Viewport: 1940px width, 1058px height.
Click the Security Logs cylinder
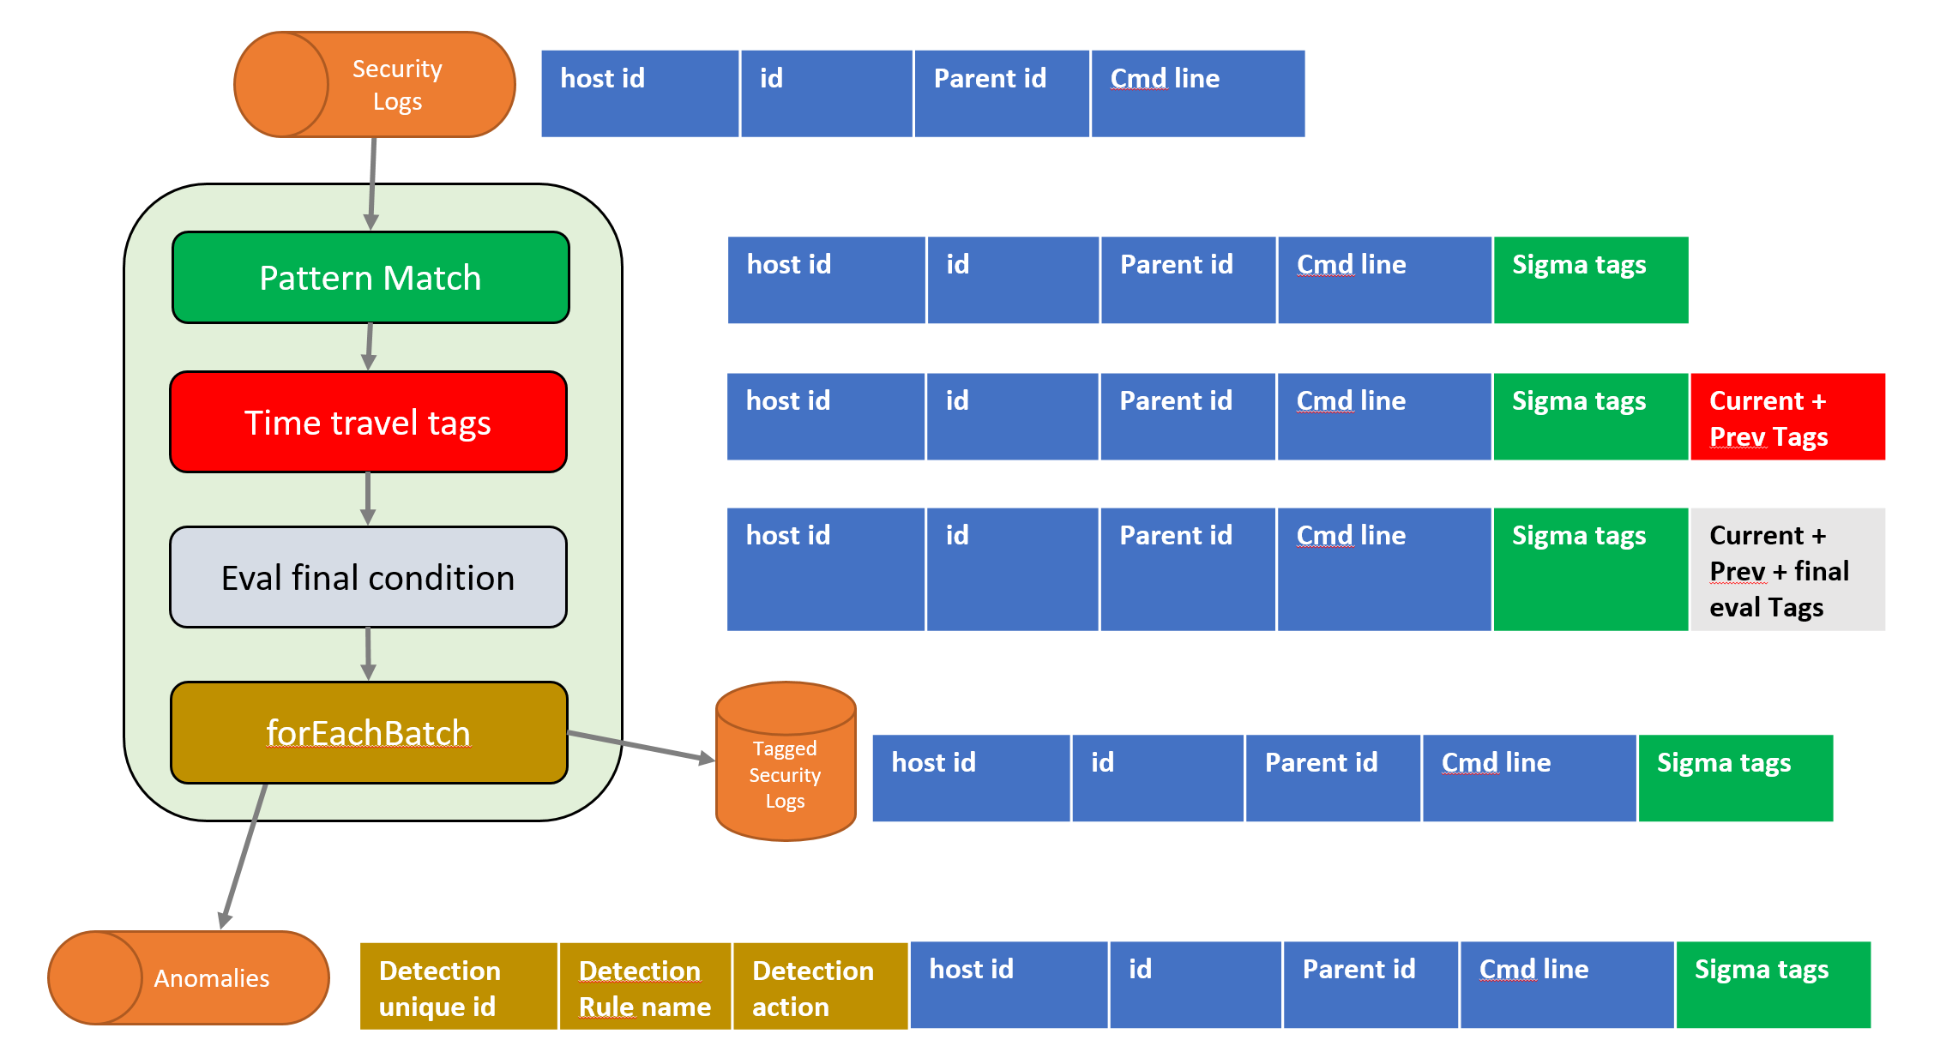click(375, 84)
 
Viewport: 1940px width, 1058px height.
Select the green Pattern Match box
click(371, 277)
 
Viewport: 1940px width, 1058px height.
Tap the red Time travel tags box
click(369, 422)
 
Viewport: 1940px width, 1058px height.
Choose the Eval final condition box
click(369, 577)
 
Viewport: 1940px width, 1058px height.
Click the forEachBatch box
click(369, 732)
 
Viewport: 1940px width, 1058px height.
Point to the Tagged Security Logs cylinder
click(786, 761)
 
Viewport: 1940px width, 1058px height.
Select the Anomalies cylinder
click(189, 977)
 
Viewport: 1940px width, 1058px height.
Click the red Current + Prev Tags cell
click(1787, 417)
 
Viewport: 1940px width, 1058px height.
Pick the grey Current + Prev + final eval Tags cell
click(1787, 569)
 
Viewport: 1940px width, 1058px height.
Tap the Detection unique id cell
click(459, 986)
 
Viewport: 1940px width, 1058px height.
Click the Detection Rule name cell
click(645, 986)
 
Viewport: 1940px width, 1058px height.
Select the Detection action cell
click(821, 986)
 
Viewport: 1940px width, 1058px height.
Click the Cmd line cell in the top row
click(1198, 93)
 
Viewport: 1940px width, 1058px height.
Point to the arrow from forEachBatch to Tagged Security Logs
click(641, 747)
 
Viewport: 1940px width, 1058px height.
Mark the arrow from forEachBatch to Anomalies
click(244, 856)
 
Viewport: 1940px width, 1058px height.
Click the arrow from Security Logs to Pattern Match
click(373, 183)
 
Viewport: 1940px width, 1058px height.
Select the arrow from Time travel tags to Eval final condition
click(368, 499)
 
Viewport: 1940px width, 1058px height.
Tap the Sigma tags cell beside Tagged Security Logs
click(1736, 778)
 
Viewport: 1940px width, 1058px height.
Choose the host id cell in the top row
click(640, 93)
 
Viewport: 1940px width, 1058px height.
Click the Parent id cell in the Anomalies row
click(1371, 985)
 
